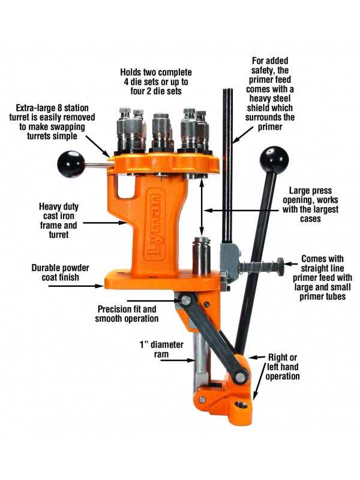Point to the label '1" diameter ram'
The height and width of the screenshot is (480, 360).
click(x=157, y=349)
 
